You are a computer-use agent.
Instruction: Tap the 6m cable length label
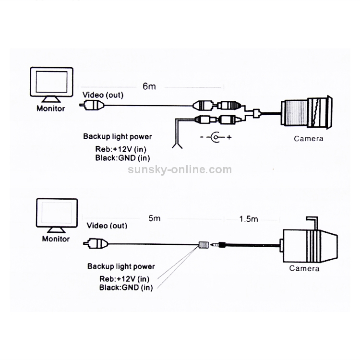(x=149, y=87)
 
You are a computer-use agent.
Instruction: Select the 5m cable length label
(x=154, y=219)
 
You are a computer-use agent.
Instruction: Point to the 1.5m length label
(x=249, y=219)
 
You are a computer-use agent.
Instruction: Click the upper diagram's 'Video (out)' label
(x=102, y=95)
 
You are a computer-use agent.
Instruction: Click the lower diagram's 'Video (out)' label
(x=107, y=226)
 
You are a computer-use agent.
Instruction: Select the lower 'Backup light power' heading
(x=121, y=266)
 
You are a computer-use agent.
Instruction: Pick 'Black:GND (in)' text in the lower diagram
(x=126, y=288)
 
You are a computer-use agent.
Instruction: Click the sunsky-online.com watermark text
(x=180, y=169)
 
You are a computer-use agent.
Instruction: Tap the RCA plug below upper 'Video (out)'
(x=93, y=104)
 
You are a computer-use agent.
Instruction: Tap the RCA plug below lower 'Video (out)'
(x=96, y=244)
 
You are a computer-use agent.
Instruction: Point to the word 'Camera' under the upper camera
(x=309, y=139)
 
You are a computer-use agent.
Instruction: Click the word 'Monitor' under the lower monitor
(x=56, y=239)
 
